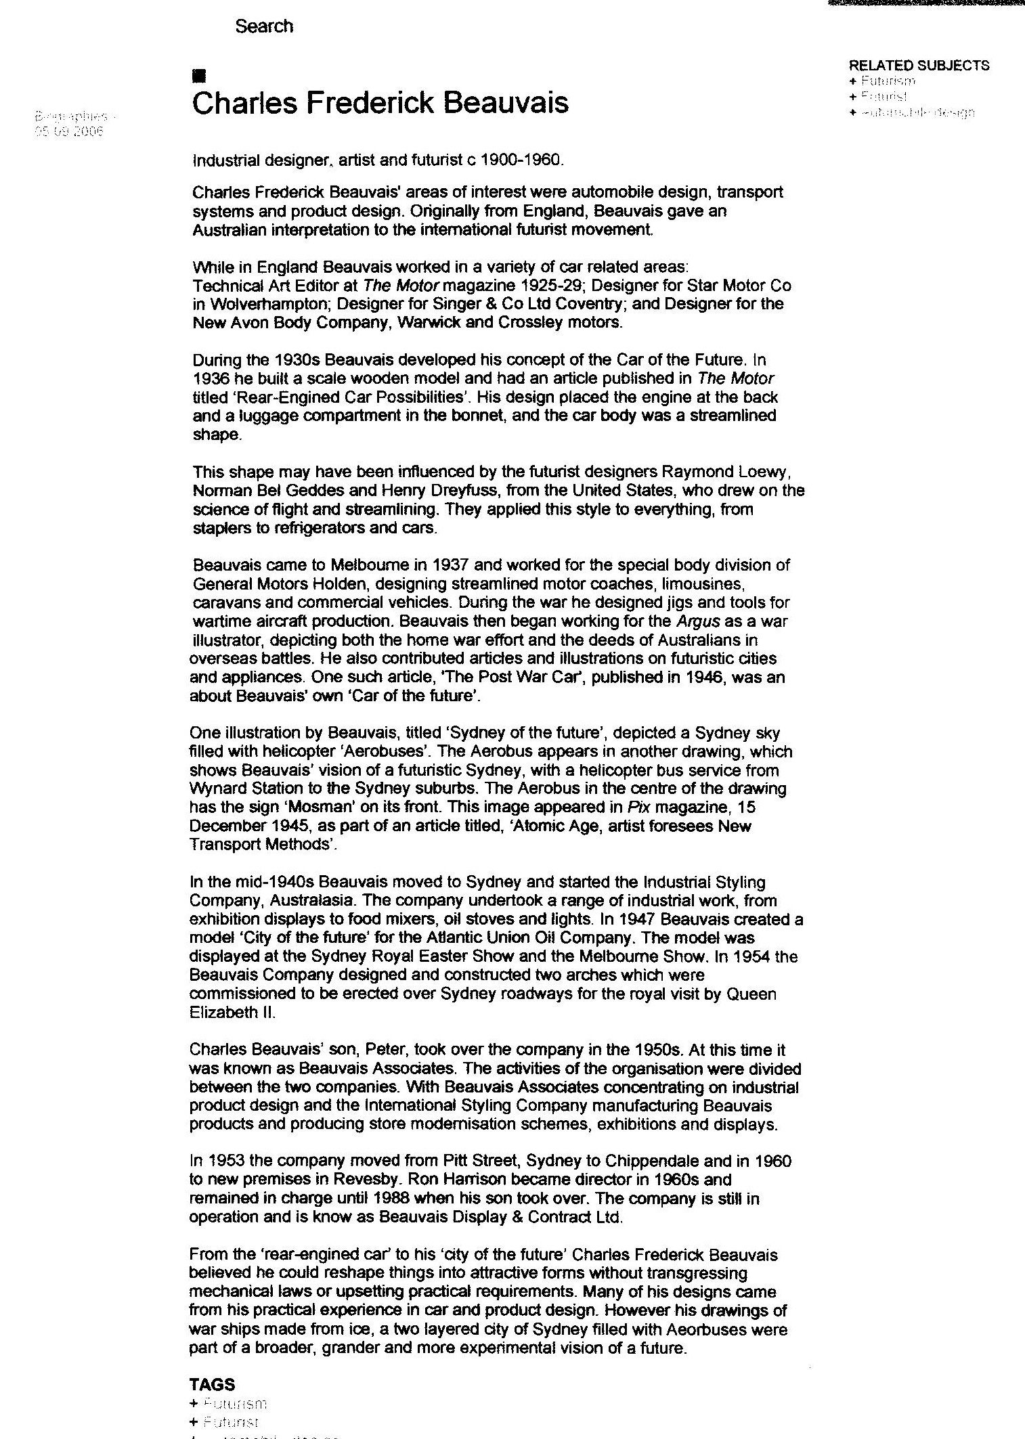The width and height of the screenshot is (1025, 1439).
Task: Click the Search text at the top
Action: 264,26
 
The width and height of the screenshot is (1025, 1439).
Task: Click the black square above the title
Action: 198,75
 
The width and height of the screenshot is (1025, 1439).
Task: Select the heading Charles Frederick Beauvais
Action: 380,104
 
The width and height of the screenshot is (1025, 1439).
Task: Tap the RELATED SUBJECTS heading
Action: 919,66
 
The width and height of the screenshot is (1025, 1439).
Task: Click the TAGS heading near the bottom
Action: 212,1385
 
